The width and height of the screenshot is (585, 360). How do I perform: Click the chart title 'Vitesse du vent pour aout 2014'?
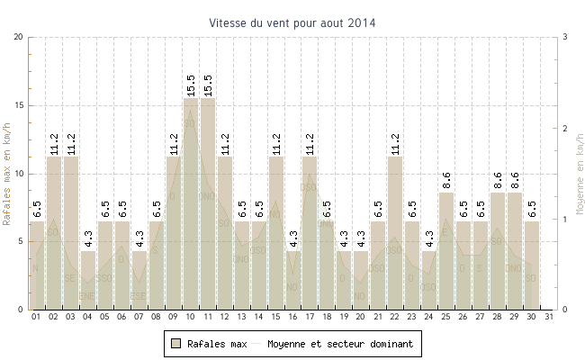[292, 22]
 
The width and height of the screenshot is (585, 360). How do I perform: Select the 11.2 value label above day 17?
[310, 144]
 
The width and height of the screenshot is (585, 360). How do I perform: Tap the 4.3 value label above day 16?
[293, 238]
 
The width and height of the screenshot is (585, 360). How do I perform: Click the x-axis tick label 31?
[549, 317]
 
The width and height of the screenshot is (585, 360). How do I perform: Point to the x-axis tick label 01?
[37, 317]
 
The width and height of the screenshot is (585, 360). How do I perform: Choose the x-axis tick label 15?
[276, 317]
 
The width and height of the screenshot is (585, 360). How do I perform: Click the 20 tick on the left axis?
[19, 37]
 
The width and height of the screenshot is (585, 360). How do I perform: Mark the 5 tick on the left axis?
[22, 241]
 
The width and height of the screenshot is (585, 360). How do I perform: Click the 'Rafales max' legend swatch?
[176, 344]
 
